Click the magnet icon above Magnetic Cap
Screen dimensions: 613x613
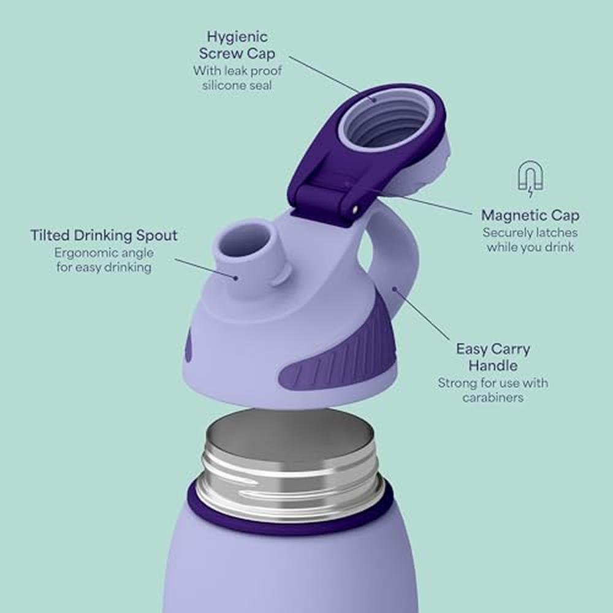tap(530, 179)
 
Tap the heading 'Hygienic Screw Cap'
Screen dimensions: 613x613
tap(237, 45)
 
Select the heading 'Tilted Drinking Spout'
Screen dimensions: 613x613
tap(104, 235)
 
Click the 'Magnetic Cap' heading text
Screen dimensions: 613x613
tap(530, 215)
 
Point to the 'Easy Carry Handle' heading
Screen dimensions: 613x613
tap(493, 357)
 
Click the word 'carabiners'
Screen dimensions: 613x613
tap(493, 397)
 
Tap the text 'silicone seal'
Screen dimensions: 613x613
tap(237, 85)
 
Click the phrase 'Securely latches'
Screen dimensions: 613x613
tap(530, 232)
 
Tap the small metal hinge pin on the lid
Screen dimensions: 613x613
tap(355, 210)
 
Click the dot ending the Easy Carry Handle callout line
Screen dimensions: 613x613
tap(395, 289)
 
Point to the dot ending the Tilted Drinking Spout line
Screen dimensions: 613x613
tap(235, 278)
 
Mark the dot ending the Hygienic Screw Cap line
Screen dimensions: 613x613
tap(374, 99)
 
